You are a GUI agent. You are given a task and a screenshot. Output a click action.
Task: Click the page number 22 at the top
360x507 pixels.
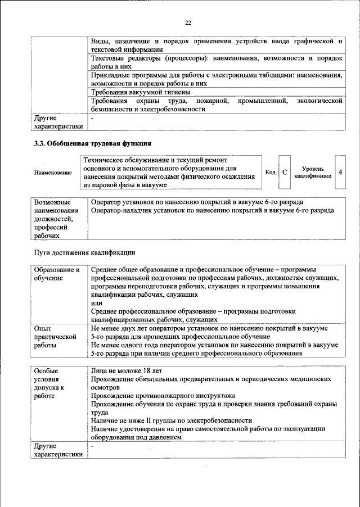pyautogui.click(x=188, y=22)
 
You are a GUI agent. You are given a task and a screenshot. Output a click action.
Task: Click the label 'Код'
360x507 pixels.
pyautogui.click(x=270, y=172)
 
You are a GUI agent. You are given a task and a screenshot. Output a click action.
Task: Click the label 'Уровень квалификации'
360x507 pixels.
pyautogui.click(x=312, y=172)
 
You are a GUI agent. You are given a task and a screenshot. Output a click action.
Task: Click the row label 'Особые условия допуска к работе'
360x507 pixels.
pyautogui.click(x=51, y=383)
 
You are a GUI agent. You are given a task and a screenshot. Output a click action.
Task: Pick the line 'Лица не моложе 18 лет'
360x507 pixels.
pyautogui.click(x=126, y=372)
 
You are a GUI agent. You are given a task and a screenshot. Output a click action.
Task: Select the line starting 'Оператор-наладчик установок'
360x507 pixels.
pyautogui.click(x=212, y=210)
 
